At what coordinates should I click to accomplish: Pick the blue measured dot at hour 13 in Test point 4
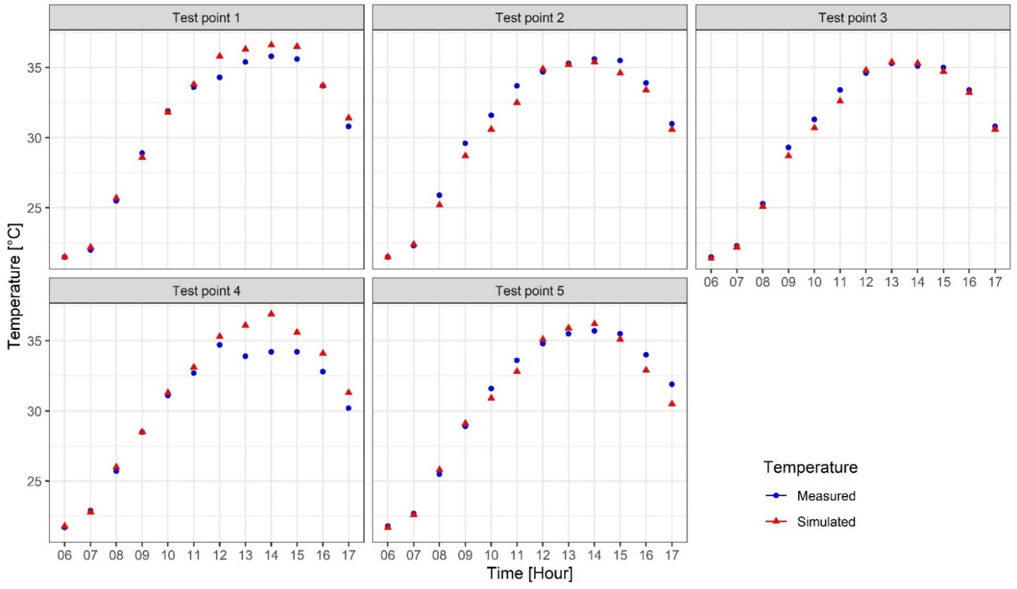pos(245,356)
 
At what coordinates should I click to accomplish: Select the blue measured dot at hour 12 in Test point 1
pos(220,77)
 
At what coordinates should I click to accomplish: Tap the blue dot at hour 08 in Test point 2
pos(440,195)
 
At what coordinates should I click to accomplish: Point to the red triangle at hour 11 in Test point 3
pos(840,100)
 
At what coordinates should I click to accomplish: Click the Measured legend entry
pos(826,496)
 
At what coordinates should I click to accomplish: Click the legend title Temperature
pos(810,467)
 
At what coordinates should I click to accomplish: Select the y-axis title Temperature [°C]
pos(15,286)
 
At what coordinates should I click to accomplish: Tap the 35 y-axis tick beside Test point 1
pos(36,68)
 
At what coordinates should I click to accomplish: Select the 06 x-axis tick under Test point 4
pos(65,555)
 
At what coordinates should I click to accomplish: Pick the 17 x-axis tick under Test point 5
pos(672,555)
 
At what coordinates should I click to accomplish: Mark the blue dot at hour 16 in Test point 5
pos(646,355)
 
